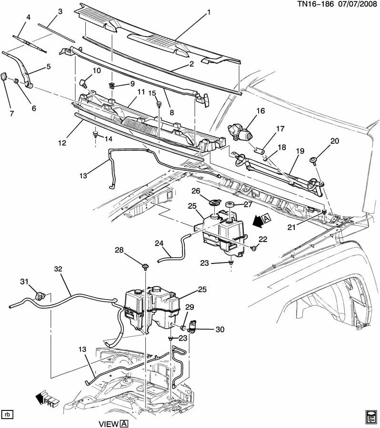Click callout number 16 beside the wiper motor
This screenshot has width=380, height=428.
click(260, 111)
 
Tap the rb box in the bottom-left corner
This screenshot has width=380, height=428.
click(7, 414)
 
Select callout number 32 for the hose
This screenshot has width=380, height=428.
click(58, 269)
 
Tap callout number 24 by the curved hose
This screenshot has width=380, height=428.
click(159, 243)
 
